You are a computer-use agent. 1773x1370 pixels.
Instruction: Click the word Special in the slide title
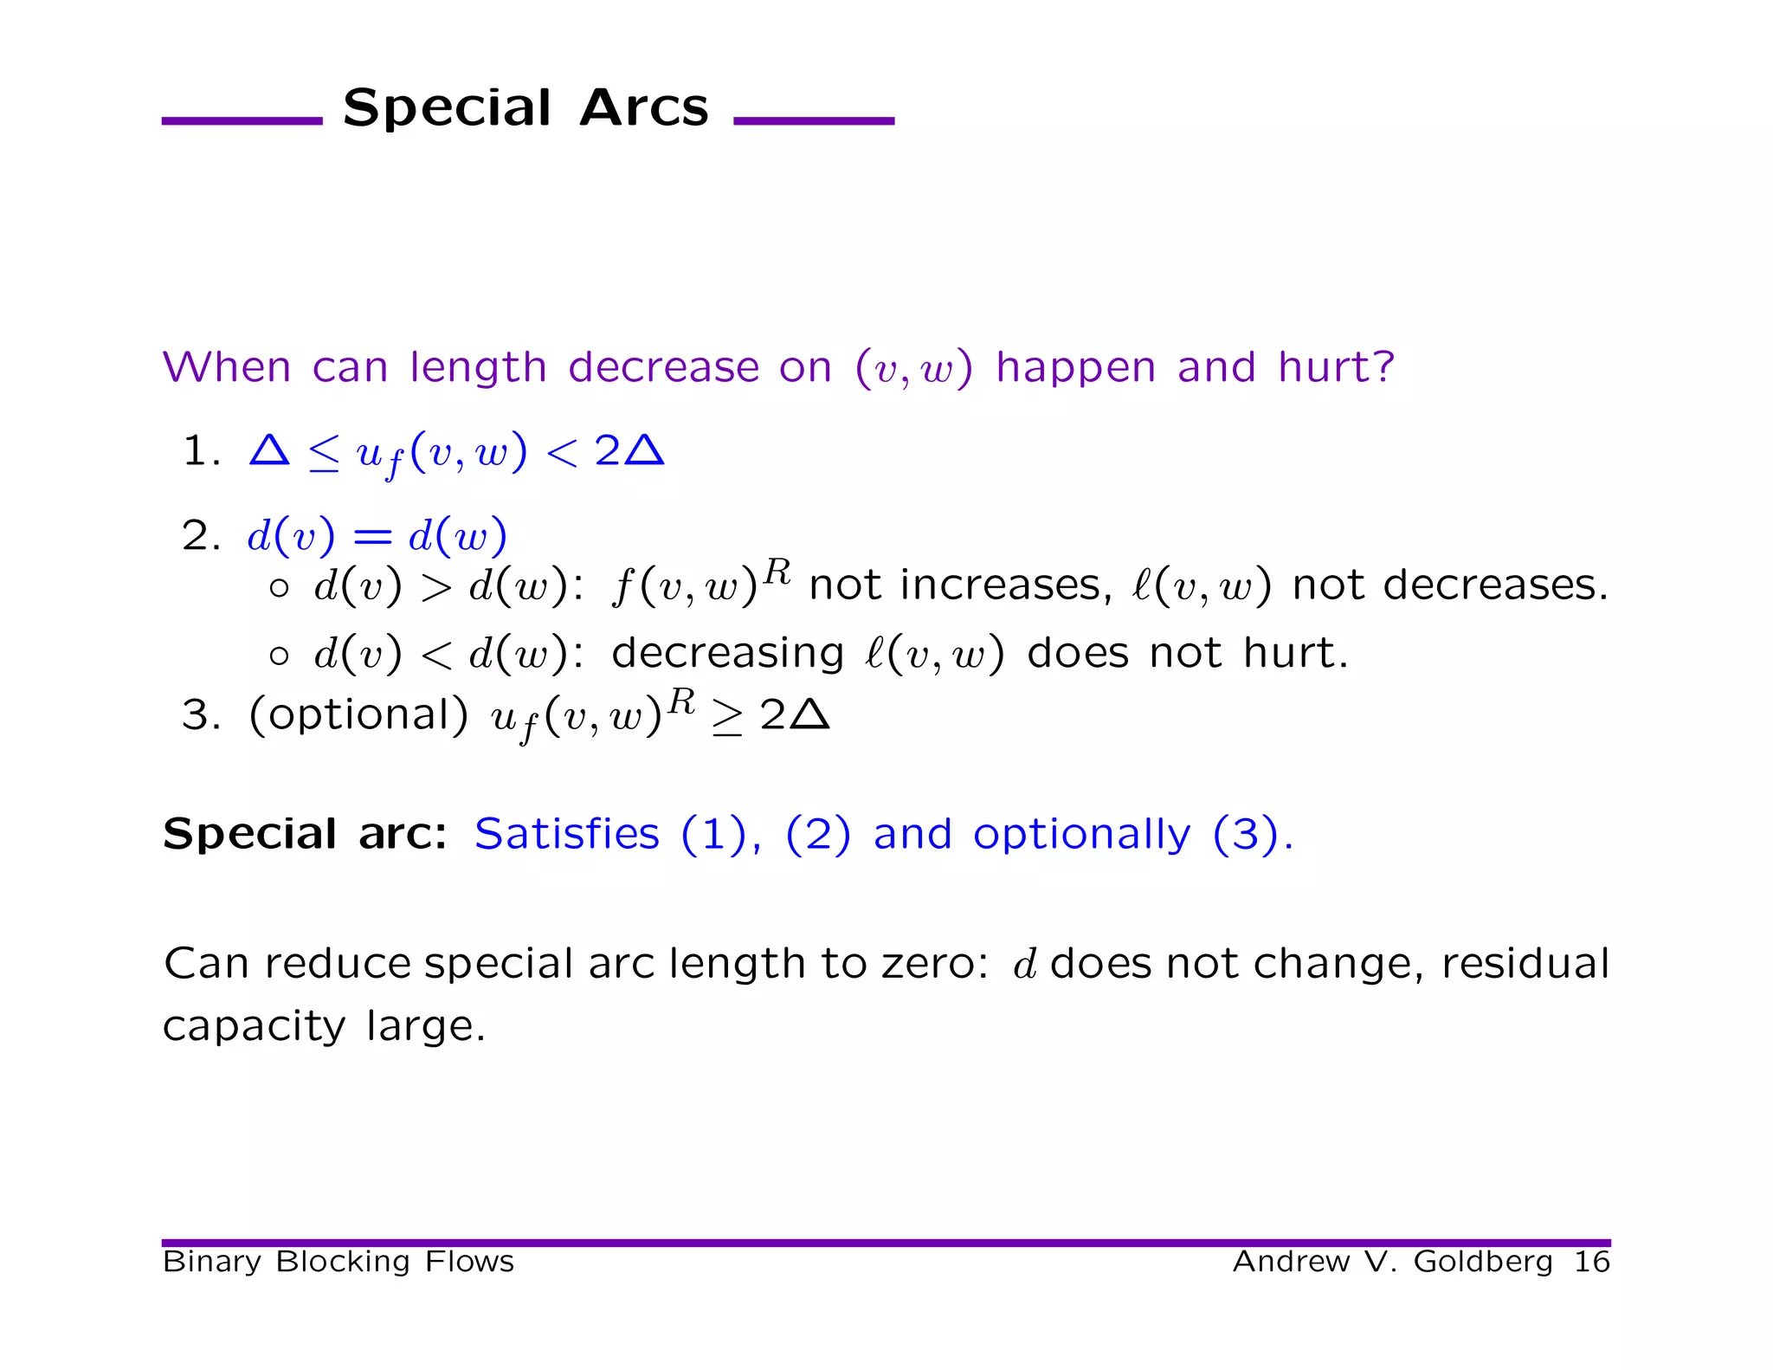click(447, 109)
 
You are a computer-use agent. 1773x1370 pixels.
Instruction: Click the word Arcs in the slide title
click(644, 109)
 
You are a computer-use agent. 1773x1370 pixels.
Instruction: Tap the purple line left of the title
click(242, 121)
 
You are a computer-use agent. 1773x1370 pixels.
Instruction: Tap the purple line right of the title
click(813, 121)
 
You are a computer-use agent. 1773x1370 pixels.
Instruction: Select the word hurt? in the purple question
click(1336, 367)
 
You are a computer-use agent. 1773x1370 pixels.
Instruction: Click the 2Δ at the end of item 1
click(629, 451)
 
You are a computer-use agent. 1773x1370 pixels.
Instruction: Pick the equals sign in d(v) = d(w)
click(372, 538)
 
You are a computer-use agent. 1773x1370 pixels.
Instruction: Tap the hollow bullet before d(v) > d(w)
click(279, 589)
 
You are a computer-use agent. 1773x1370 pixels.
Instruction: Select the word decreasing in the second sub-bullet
click(727, 653)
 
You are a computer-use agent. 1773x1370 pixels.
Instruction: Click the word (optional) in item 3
click(358, 715)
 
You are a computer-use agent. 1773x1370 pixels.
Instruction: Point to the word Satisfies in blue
click(567, 834)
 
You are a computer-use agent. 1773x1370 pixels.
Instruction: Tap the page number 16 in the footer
click(1591, 1262)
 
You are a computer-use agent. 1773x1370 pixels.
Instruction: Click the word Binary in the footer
click(211, 1262)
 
